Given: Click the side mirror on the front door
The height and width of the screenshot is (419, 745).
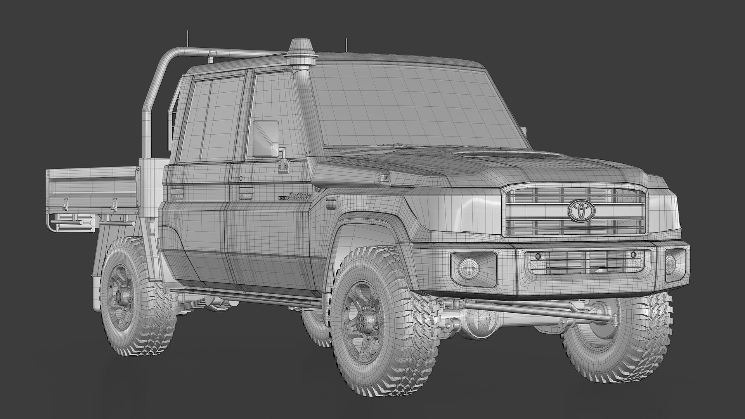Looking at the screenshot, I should coord(266,139).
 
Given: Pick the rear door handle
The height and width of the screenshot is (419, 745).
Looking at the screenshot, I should coord(177,191).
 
